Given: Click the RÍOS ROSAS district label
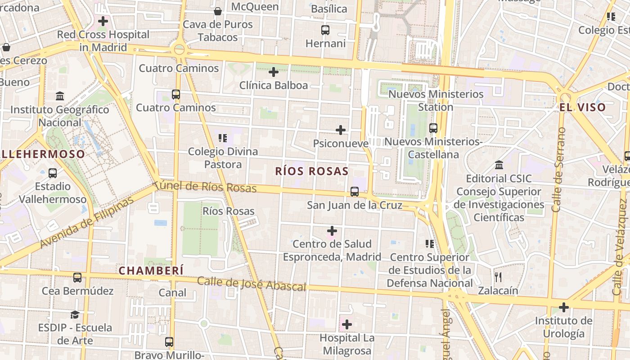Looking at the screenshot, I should pyautogui.click(x=312, y=171).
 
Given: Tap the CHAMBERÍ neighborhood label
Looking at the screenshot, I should pyautogui.click(x=151, y=270).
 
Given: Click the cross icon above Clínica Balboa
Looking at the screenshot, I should pyautogui.click(x=274, y=72).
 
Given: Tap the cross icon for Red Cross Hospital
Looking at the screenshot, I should pyautogui.click(x=103, y=21).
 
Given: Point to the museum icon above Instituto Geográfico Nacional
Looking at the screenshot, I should pyautogui.click(x=60, y=96).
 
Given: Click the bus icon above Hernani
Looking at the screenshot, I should pyautogui.click(x=325, y=30).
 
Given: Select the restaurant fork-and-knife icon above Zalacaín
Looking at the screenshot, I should pyautogui.click(x=498, y=277).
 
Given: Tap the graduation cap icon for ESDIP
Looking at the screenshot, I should pyautogui.click(x=75, y=315).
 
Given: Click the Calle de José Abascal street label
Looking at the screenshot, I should pyautogui.click(x=252, y=283).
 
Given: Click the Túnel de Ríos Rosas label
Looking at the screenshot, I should pyautogui.click(x=205, y=187).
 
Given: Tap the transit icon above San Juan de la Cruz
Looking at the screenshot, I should pyautogui.click(x=355, y=192).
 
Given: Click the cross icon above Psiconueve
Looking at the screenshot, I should pyautogui.click(x=341, y=130).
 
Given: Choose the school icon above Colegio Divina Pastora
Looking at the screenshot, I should pyautogui.click(x=223, y=138).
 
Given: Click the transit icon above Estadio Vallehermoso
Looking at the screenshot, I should pyautogui.click(x=53, y=173).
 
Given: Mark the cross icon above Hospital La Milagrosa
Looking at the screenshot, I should pyautogui.click(x=346, y=324).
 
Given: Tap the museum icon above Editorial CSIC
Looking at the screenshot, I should pyautogui.click(x=499, y=165).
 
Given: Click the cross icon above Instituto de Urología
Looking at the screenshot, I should pyautogui.click(x=563, y=308).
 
